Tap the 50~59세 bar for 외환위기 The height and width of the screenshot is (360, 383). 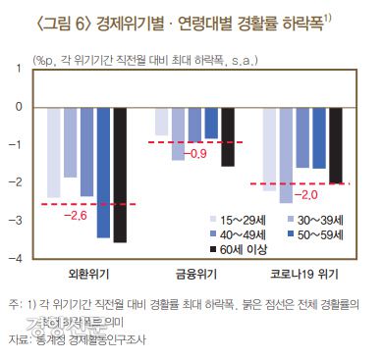tap(103, 172)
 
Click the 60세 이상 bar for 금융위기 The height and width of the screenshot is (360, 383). tap(228, 136)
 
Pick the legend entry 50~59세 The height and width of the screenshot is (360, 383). tap(318, 235)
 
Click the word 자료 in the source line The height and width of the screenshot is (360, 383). tap(20, 340)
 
